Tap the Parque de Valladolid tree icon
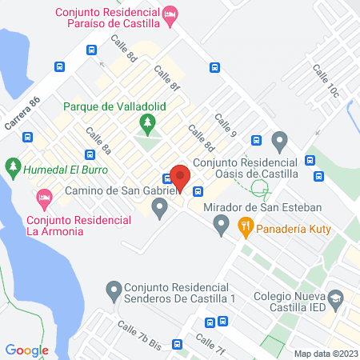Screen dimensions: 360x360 point(146,123)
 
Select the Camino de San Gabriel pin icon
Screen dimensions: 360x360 point(160,210)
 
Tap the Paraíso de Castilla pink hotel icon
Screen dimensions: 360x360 point(170,14)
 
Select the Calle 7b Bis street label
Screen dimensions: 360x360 point(139,334)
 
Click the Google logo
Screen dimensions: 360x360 point(27,350)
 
